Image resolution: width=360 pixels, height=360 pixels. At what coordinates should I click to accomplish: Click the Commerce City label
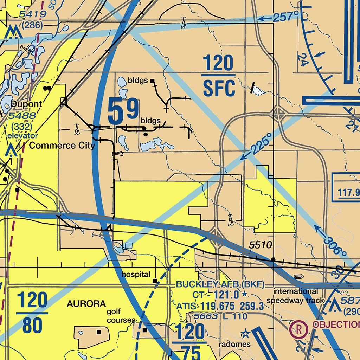[62, 146]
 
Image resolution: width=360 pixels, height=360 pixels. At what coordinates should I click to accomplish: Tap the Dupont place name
[26, 104]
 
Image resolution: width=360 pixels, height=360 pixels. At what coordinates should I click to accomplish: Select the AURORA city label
[86, 304]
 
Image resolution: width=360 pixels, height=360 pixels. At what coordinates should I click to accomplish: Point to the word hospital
[136, 274]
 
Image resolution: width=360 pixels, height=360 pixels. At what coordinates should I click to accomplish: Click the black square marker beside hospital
[155, 281]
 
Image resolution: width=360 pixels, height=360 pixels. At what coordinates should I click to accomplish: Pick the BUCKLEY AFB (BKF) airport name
[220, 284]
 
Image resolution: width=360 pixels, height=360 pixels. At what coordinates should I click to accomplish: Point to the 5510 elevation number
[261, 245]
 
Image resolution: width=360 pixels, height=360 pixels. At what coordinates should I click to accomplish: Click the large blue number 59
[123, 112]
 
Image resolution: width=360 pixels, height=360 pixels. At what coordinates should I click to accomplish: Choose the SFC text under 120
[219, 89]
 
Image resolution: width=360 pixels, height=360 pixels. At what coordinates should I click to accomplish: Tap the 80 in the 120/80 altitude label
[32, 326]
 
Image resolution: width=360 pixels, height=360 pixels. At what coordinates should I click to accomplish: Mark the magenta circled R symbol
[298, 329]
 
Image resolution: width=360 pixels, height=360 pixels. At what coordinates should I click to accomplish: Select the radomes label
[234, 344]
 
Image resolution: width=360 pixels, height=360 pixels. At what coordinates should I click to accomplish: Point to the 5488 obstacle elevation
[22, 115]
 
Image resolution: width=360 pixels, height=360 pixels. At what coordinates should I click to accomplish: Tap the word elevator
[23, 135]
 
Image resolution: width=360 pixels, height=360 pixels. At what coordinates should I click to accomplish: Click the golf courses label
[121, 316]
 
